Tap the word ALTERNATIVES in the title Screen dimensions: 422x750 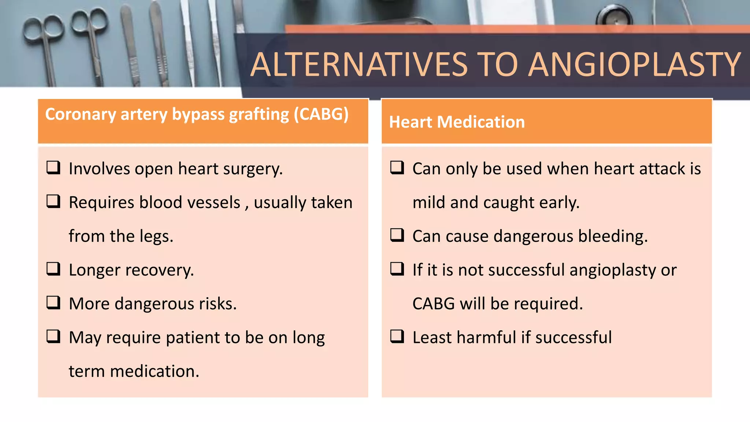(359, 65)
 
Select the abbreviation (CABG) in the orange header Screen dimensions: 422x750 (321, 114)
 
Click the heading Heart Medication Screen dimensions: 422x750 (457, 122)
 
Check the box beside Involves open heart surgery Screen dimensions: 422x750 (53, 168)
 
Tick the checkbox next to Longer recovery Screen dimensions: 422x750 (53, 269)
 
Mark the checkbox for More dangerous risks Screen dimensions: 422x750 (53, 303)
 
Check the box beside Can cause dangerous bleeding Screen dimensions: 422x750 (397, 235)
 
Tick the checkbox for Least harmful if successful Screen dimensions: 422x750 (397, 336)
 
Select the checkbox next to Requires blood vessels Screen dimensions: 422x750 (53, 201)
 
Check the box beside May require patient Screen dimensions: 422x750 (53, 336)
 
